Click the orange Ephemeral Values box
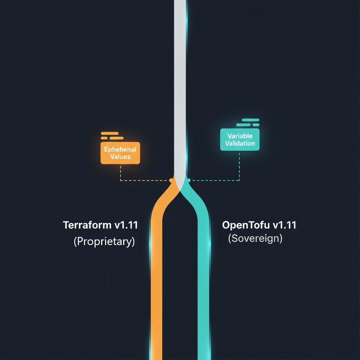[x=120, y=153]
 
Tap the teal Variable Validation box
[x=240, y=140]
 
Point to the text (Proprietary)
[x=104, y=242]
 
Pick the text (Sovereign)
[x=255, y=238]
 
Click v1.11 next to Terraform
[x=126, y=225]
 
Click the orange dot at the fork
[x=171, y=180]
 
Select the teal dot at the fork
[x=188, y=180]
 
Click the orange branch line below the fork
[x=156, y=281]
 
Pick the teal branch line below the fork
[x=204, y=281]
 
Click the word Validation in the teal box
[x=240, y=143]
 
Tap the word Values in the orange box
[x=120, y=157]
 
